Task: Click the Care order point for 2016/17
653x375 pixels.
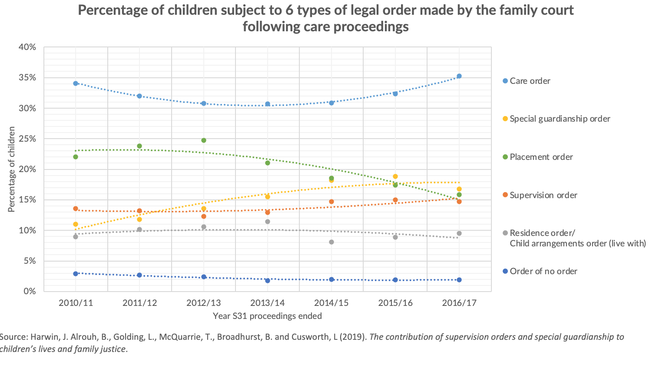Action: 459,76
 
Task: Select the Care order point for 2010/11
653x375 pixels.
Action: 76,83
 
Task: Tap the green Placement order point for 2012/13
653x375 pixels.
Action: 203,140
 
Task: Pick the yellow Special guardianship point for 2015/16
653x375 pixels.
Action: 395,176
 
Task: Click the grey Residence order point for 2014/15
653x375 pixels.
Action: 331,242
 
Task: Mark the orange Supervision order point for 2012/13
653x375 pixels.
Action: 203,216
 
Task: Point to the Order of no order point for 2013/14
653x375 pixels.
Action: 268,281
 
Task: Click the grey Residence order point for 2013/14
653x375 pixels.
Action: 268,222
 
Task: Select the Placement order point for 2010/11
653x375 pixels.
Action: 76,157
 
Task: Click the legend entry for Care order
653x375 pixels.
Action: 530,81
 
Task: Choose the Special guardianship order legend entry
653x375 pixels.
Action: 560,119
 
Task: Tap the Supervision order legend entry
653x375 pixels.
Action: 543,196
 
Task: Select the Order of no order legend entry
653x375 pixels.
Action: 543,272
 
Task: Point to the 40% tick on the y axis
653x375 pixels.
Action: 27,47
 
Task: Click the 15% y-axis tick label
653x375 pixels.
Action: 27,200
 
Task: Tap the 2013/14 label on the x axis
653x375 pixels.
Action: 268,303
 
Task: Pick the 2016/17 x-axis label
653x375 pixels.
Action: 459,303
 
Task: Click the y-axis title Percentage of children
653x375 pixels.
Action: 12,169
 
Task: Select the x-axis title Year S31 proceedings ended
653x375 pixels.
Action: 267,316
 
